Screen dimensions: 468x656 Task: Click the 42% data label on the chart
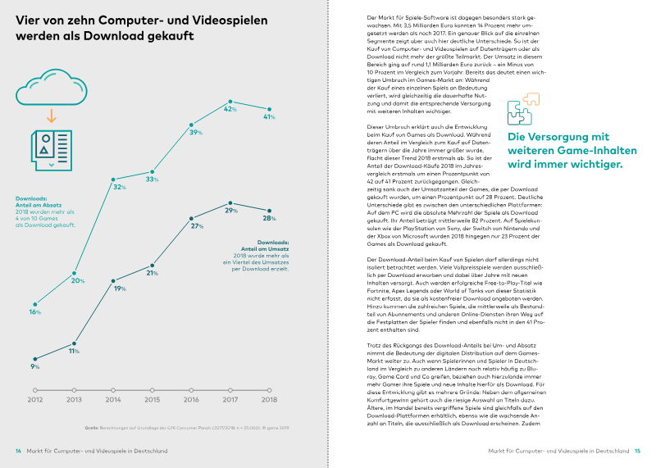[230, 109]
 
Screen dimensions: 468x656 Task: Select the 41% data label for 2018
[268, 117]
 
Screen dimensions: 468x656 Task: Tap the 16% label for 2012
[35, 312]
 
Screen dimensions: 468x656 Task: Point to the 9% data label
[35, 367]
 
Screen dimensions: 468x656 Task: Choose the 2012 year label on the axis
[34, 401]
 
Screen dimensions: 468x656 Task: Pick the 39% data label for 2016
[196, 132]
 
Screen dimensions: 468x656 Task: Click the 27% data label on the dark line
[197, 225]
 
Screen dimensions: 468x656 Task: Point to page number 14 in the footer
[18, 450]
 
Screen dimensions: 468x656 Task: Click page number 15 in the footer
[637, 450]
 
